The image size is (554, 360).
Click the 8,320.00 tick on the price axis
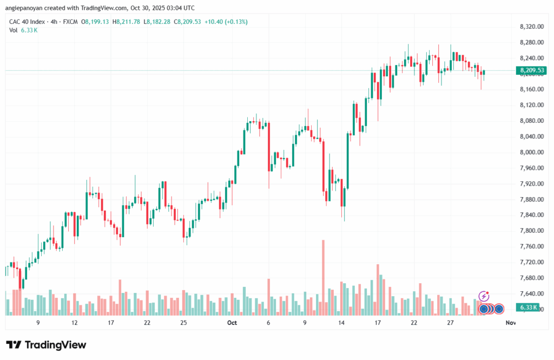[x=526, y=27]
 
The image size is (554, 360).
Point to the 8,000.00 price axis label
[x=526, y=153]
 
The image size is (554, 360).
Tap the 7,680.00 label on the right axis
[x=526, y=278]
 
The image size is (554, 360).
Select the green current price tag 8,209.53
[x=527, y=70]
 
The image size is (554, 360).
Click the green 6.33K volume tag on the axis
[x=527, y=307]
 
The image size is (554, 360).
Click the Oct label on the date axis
[x=232, y=323]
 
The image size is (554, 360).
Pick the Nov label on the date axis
[x=510, y=323]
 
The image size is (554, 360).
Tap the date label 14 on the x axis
[x=341, y=323]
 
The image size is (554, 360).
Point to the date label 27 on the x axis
[x=450, y=323]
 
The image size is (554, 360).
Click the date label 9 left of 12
[x=38, y=323]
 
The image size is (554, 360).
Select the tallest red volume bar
[x=323, y=277]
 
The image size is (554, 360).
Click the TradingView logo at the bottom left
[x=46, y=345]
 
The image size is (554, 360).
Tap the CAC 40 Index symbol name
[x=27, y=22]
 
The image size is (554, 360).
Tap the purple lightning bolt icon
[x=484, y=296]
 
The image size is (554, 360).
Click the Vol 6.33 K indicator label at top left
[x=23, y=30]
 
